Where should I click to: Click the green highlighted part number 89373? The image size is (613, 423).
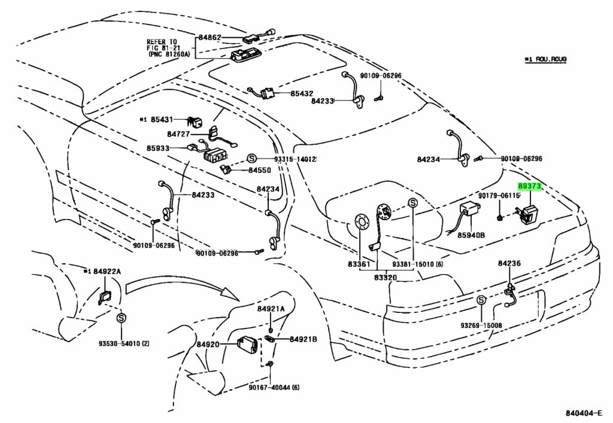pyautogui.click(x=530, y=187)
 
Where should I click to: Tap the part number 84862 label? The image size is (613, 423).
pyautogui.click(x=210, y=38)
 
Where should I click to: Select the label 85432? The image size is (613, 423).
pyautogui.click(x=302, y=94)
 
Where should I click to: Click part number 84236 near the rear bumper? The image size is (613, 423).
pyautogui.click(x=509, y=263)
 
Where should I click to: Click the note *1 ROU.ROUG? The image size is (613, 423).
pyautogui.click(x=545, y=59)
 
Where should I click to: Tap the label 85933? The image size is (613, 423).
pyautogui.click(x=158, y=148)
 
